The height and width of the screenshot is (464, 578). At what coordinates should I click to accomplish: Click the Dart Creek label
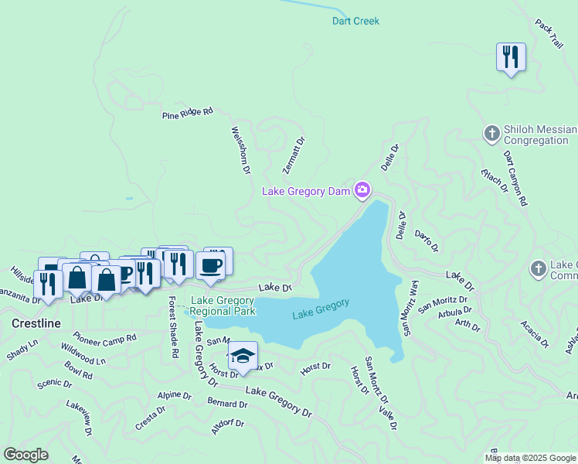pyautogui.click(x=355, y=21)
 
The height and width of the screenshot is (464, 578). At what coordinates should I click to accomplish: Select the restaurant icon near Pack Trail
pyautogui.click(x=511, y=57)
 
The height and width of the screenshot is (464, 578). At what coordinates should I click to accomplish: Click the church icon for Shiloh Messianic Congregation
pyautogui.click(x=491, y=135)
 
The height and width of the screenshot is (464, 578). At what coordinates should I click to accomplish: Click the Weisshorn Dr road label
pyautogui.click(x=240, y=150)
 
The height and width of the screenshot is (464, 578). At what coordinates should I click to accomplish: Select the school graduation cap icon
pyautogui.click(x=243, y=355)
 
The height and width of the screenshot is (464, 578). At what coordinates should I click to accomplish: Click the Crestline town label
pyautogui.click(x=36, y=322)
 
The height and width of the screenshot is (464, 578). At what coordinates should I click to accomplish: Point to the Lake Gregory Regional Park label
pyautogui.click(x=223, y=305)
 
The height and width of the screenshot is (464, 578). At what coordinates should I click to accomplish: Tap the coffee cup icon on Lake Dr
pyautogui.click(x=210, y=265)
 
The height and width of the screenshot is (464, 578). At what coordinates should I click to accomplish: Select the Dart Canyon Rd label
pyautogui.click(x=515, y=179)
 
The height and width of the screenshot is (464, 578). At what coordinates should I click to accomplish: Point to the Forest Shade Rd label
pyautogui.click(x=174, y=327)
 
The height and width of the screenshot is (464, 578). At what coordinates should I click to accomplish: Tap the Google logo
pyautogui.click(x=25, y=455)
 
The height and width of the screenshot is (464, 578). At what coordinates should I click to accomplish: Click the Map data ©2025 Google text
pyautogui.click(x=529, y=458)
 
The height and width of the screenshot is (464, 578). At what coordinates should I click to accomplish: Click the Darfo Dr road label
pyautogui.click(x=426, y=241)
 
